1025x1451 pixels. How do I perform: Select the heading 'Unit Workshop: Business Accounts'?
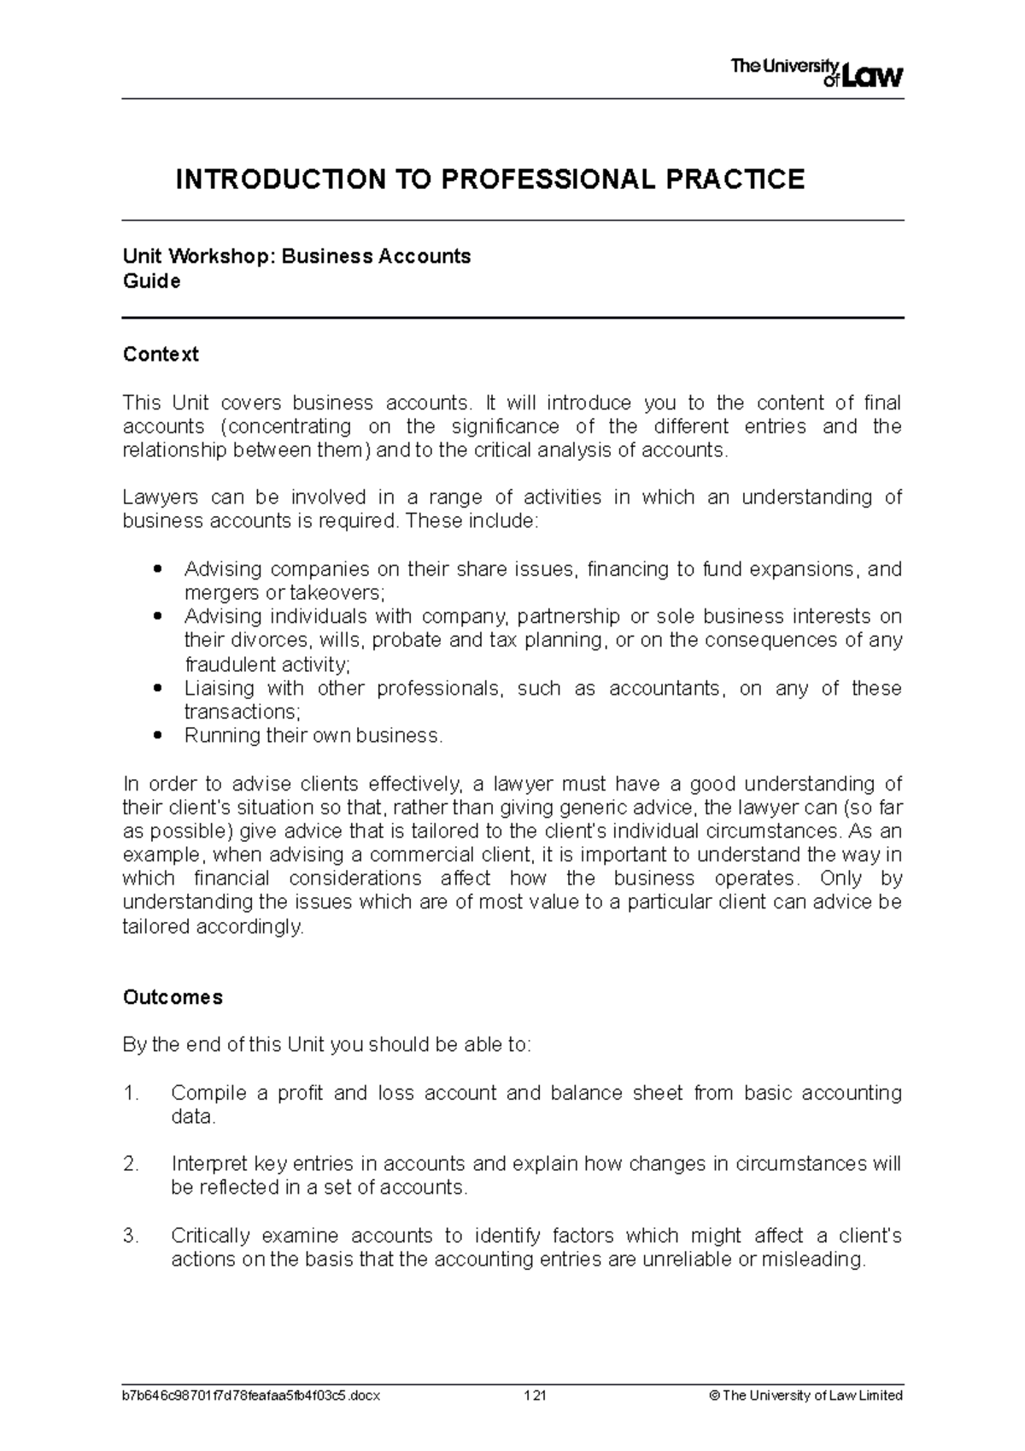pos(296,256)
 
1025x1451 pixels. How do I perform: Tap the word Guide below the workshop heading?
pos(151,281)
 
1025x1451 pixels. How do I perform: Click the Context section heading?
pos(161,354)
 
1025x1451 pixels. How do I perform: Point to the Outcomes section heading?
pos(173,997)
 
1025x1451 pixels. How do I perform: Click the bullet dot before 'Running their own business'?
pos(155,736)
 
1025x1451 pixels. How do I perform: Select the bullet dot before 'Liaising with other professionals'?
pos(155,688)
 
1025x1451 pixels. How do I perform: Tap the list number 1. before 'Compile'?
pos(131,1093)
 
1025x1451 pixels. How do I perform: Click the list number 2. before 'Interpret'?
pos(131,1164)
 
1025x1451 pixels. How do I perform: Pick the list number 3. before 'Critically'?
pos(131,1236)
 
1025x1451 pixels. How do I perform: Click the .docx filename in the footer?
pos(251,1395)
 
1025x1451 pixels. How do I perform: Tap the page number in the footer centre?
pos(535,1395)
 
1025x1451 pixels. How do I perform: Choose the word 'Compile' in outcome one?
pos(208,1093)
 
